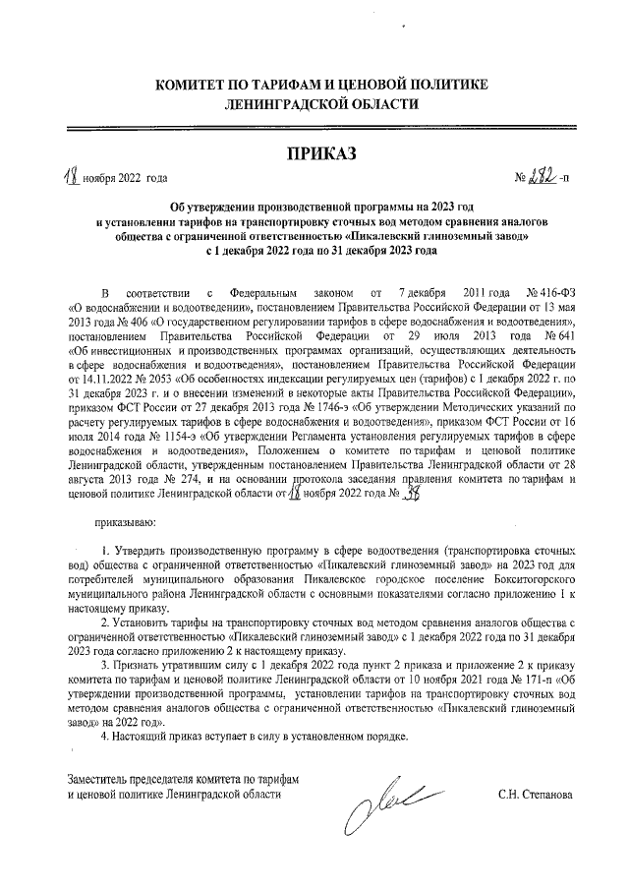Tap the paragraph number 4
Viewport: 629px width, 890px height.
(106, 736)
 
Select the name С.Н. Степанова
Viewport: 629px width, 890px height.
(536, 794)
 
